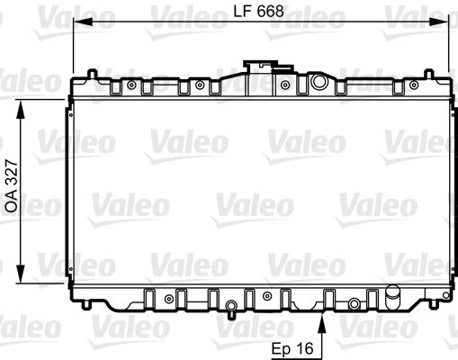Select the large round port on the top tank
point(318,82)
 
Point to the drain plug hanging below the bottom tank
point(232,311)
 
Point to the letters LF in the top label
point(240,12)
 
